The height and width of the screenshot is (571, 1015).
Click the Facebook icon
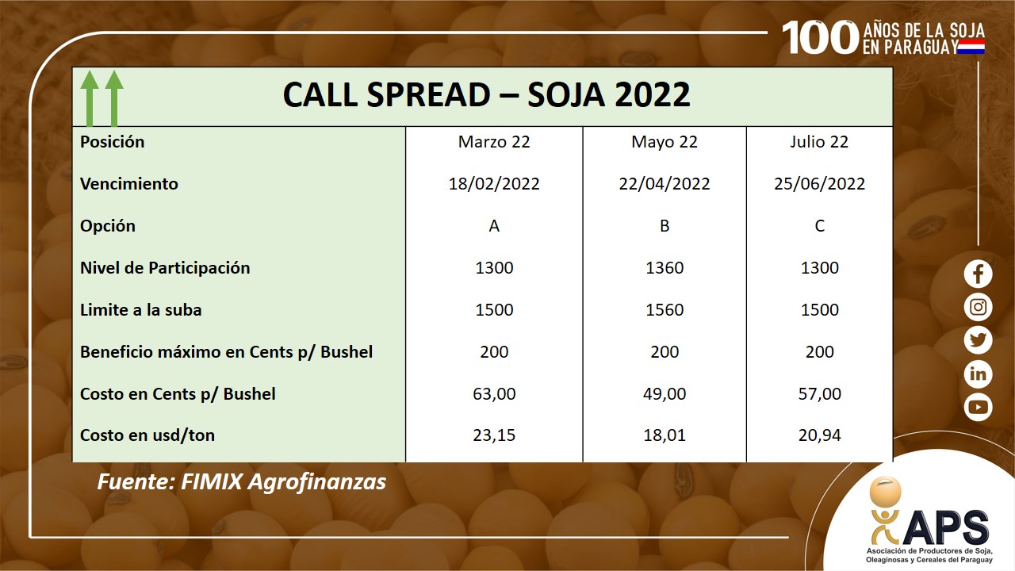978,274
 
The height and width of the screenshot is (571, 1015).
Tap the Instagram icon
978,307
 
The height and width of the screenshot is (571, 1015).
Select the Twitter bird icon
978,340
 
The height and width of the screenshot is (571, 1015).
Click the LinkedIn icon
978,374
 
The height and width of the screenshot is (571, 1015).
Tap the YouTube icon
978,407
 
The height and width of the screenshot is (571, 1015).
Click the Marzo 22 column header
494,142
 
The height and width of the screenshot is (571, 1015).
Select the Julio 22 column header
819,142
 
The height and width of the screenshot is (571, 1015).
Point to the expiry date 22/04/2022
665,184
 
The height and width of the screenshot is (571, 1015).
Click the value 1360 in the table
665,268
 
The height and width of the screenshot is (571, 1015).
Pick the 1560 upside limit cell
665,310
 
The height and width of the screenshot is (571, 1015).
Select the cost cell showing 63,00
494,394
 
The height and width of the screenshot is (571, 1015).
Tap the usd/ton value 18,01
665,435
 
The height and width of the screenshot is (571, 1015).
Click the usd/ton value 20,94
819,435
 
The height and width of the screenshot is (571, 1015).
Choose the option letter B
665,226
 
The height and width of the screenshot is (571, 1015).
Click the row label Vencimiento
129,184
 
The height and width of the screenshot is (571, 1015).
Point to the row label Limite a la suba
141,310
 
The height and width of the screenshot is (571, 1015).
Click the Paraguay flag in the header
971,47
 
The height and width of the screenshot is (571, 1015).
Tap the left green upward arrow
90,98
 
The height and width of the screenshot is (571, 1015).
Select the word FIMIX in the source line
212,481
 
